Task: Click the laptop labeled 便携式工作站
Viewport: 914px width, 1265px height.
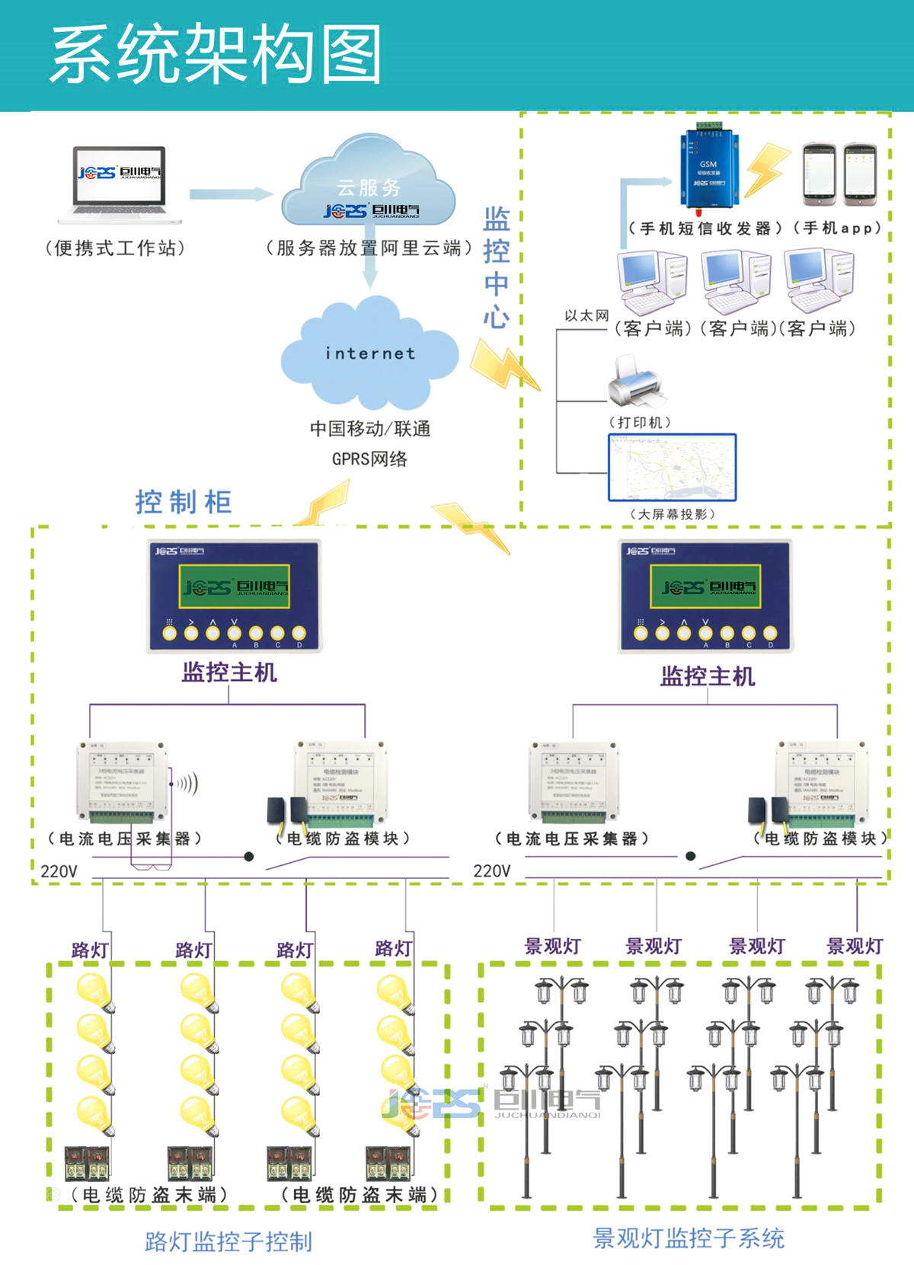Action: [x=120, y=184]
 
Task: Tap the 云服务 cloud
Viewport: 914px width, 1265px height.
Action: [x=369, y=183]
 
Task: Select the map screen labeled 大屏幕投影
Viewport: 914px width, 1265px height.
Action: [x=673, y=468]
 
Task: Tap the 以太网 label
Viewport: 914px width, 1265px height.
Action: [x=586, y=315]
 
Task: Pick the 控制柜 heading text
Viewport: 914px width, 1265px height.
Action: [x=184, y=502]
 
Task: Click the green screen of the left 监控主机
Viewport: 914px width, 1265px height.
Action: [x=234, y=586]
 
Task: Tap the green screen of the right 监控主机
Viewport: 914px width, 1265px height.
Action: [x=705, y=586]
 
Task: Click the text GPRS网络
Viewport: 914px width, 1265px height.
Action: [x=369, y=459]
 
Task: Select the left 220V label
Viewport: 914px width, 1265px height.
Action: [x=59, y=871]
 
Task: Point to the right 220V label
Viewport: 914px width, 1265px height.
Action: [x=492, y=871]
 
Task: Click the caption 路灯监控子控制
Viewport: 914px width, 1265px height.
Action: [x=228, y=1241]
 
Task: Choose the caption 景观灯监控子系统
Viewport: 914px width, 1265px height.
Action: [x=689, y=1238]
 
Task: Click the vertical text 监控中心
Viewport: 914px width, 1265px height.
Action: [x=497, y=267]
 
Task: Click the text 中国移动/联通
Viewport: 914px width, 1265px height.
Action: [x=370, y=429]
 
